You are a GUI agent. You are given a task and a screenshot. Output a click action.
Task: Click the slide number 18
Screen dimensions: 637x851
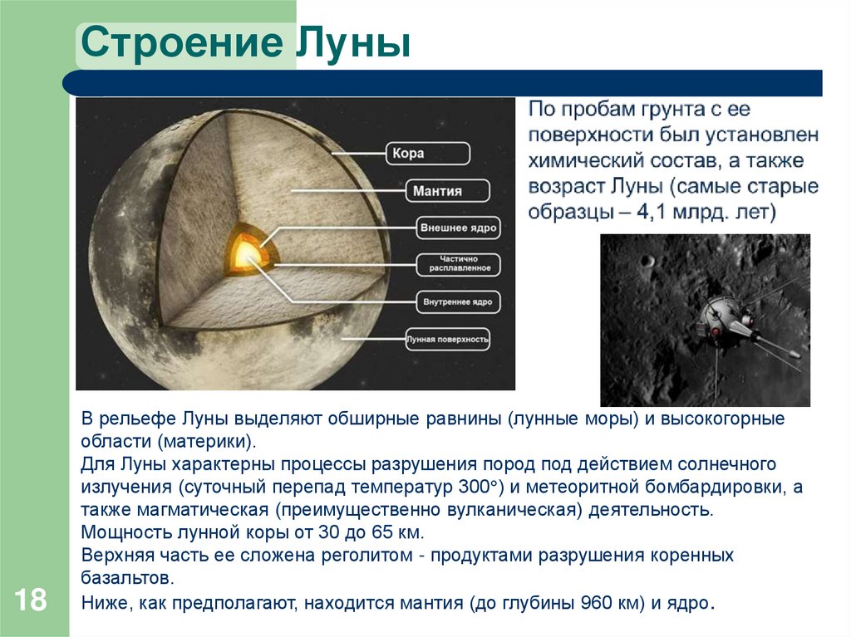(x=30, y=600)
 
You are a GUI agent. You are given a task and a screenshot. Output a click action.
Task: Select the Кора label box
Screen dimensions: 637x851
(x=428, y=154)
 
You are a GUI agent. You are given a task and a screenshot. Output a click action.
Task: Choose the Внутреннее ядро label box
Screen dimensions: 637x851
(x=458, y=302)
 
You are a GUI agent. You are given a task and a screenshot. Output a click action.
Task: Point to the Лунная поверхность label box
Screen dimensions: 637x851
(x=447, y=340)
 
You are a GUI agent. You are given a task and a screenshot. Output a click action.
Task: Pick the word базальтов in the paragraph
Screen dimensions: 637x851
(x=127, y=577)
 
